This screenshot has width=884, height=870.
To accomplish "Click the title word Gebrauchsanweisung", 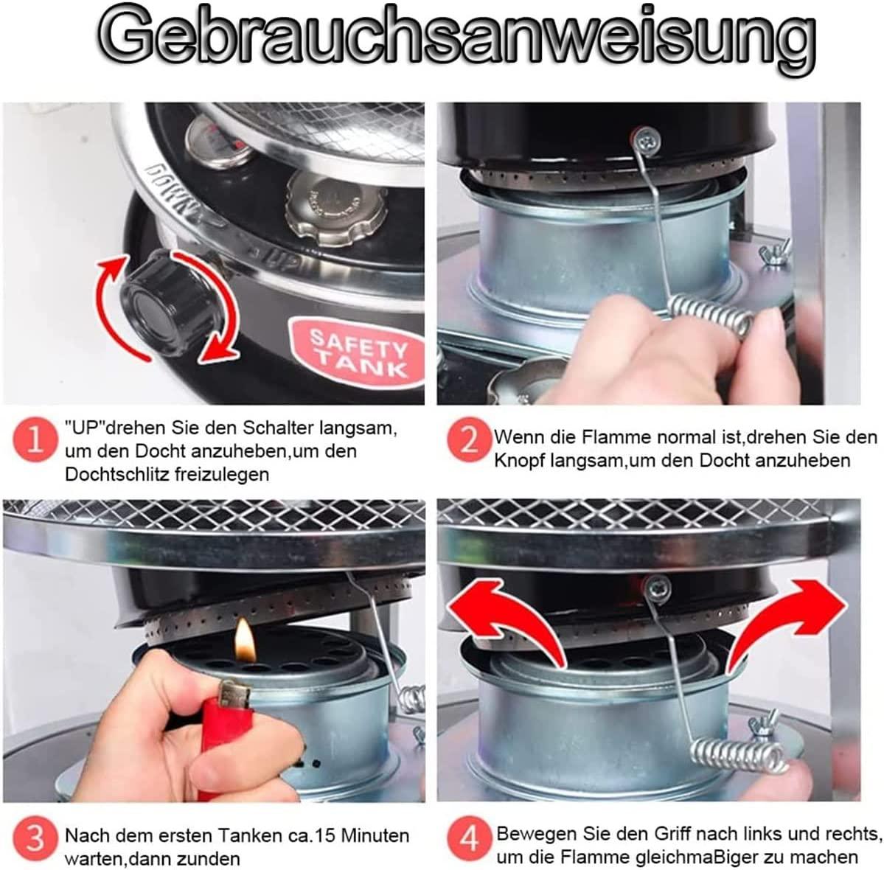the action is (x=457, y=39).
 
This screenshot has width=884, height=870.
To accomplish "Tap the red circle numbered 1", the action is (x=35, y=439).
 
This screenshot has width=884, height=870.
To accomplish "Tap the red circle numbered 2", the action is (x=469, y=439).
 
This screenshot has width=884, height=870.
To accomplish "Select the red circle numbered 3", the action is (x=35, y=838).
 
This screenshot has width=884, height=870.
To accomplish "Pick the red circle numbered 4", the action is (x=469, y=838).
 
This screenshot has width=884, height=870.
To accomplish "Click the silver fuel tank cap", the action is (x=337, y=209).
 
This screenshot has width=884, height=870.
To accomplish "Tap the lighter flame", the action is (x=245, y=641).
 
